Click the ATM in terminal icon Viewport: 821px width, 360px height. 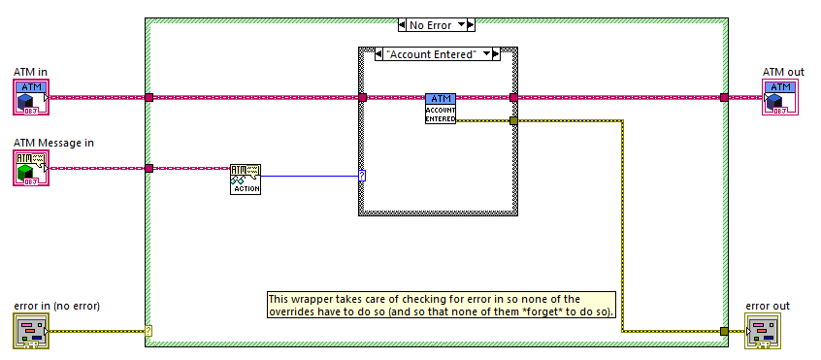coord(31,97)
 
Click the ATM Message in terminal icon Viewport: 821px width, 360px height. coord(31,168)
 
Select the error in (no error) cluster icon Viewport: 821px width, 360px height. coord(31,331)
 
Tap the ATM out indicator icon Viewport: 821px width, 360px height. coord(780,97)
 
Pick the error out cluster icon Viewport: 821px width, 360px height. coord(763,331)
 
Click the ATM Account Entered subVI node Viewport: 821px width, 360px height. coord(441,109)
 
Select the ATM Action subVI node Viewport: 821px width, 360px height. coord(246,180)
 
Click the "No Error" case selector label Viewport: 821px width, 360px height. coord(431,24)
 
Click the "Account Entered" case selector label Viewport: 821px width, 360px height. coord(434,54)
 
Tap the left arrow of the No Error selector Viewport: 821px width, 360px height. coord(402,24)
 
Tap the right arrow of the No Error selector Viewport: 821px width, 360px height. coord(471,24)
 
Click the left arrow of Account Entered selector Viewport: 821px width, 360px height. coord(379,54)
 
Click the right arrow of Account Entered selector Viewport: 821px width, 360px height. coord(496,54)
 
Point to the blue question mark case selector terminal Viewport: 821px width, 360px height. coord(362,176)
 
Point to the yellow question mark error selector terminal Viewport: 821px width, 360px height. coord(148,331)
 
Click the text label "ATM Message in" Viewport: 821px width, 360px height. coord(54,143)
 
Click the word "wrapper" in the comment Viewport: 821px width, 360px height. coord(307,299)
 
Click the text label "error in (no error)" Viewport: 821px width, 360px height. coord(57,306)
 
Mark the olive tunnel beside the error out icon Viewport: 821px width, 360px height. coord(724,331)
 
